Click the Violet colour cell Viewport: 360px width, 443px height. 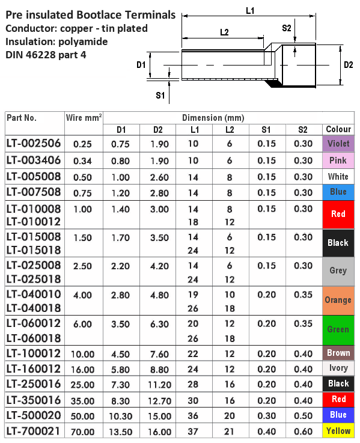coord(338,144)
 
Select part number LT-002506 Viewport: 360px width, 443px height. coord(34,144)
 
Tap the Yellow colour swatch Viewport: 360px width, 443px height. coord(338,431)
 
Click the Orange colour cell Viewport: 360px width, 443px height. coord(338,300)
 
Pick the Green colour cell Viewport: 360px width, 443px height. coord(338,329)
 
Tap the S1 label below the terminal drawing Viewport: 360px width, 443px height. coord(160,95)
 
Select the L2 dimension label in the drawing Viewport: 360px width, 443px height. coord(223,32)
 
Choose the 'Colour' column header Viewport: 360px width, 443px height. coord(338,129)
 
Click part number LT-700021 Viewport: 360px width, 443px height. coord(34,431)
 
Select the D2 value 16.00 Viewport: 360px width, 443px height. coord(158,431)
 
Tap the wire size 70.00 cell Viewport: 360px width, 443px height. coord(83,431)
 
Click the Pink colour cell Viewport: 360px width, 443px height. coord(338,160)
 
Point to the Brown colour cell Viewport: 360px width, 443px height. coord(338,352)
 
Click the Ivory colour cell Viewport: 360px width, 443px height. coord(338,368)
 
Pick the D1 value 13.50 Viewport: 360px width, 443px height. coord(121,431)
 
